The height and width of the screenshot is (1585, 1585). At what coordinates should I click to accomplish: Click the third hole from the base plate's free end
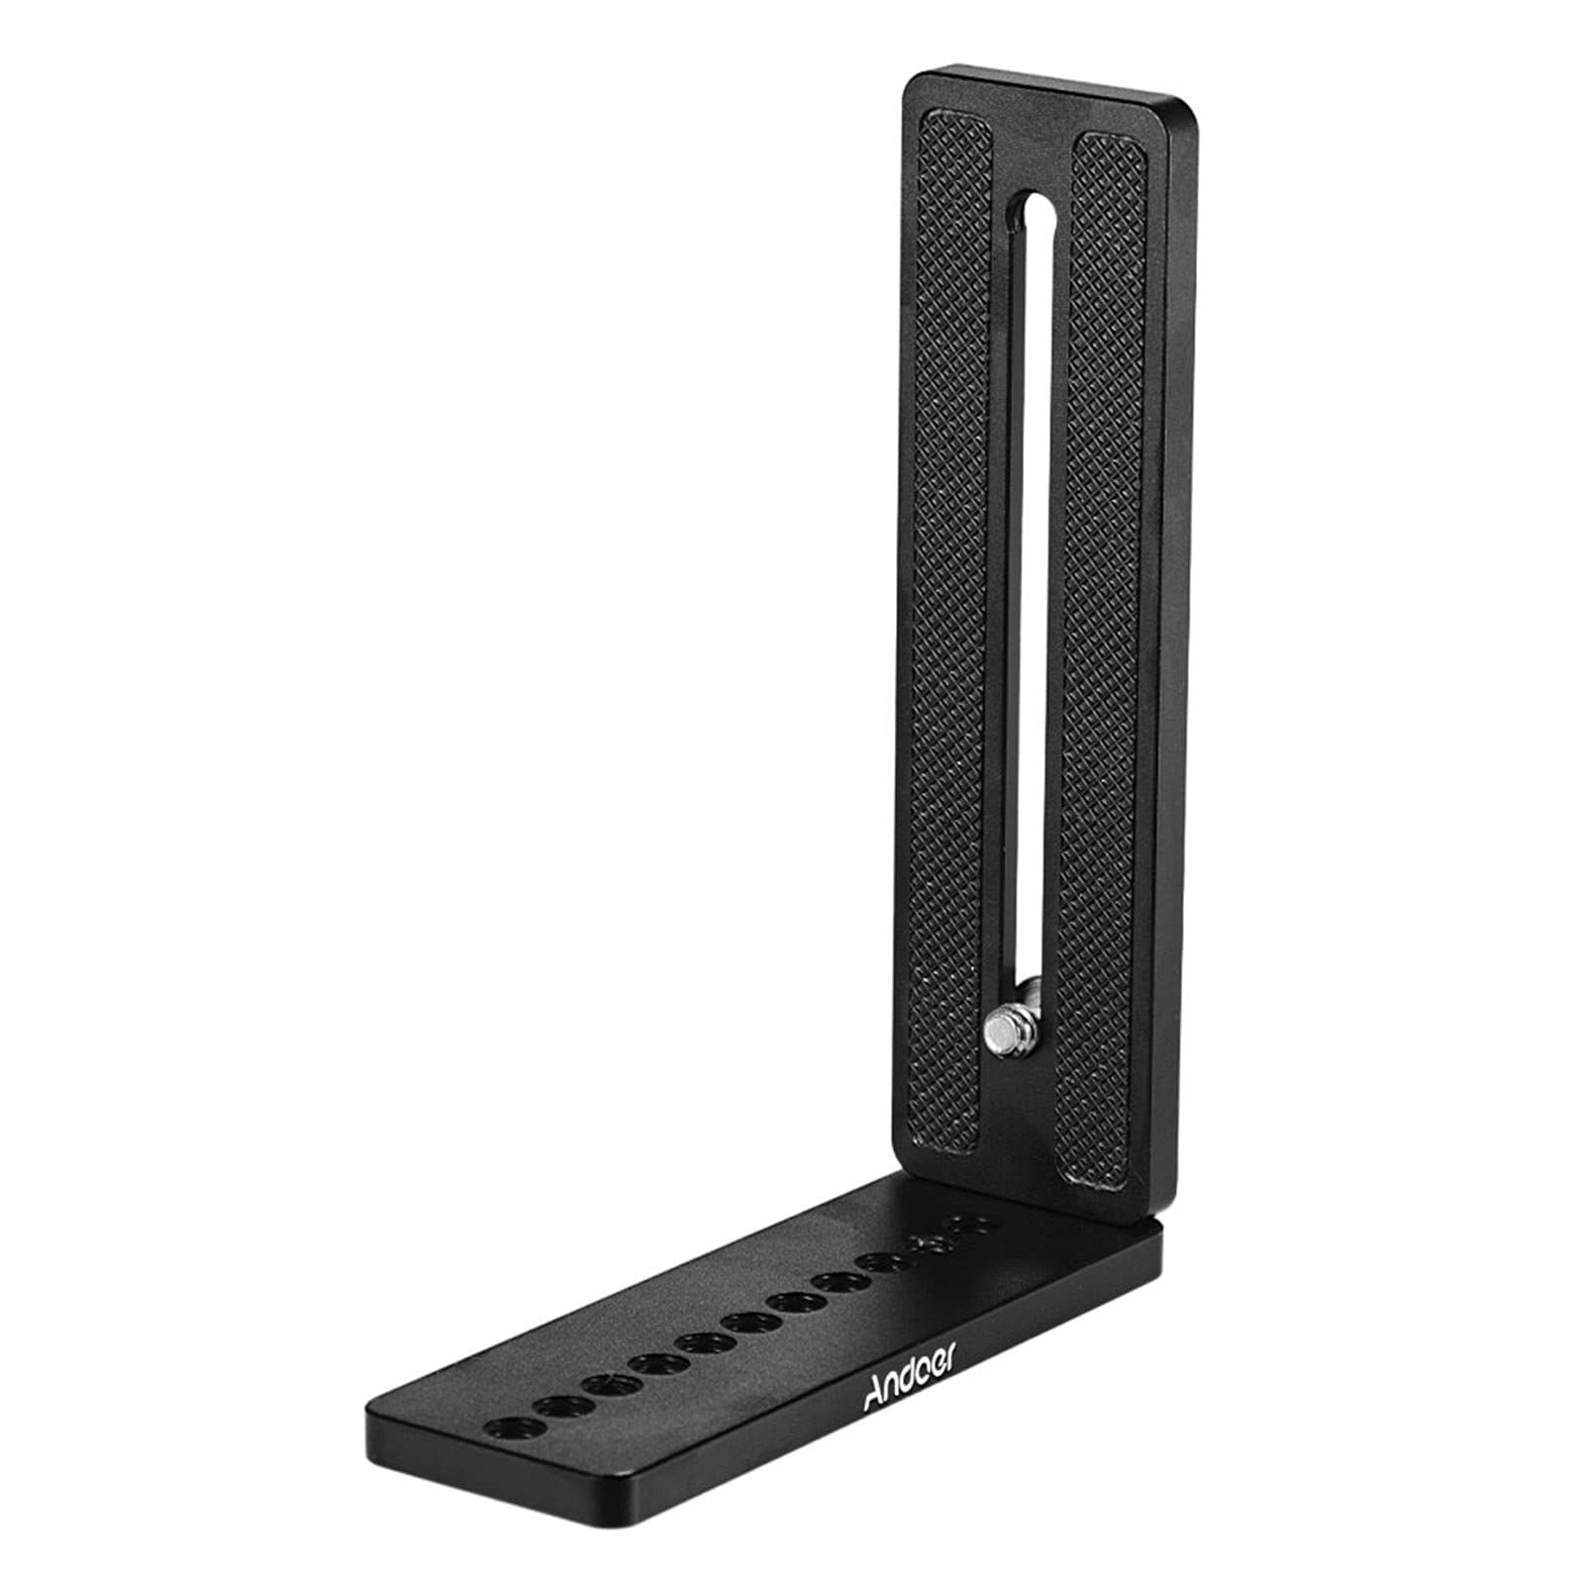(x=606, y=1384)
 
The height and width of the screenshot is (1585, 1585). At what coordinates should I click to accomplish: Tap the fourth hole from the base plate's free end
(x=653, y=1363)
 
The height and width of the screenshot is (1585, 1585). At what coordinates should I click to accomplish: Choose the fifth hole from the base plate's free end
(x=701, y=1342)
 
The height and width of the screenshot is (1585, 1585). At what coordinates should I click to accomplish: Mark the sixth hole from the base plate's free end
(x=747, y=1322)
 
